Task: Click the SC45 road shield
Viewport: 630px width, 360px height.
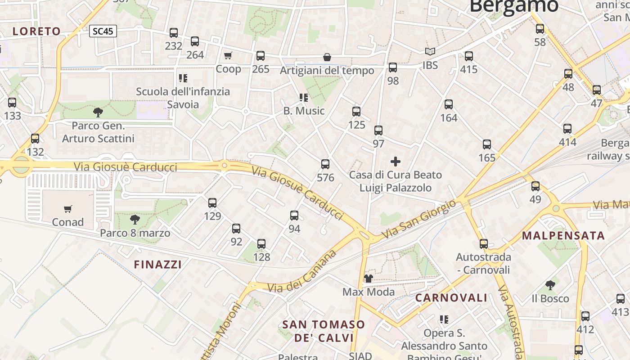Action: (x=103, y=31)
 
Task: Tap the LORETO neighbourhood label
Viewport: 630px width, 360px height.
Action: (x=36, y=31)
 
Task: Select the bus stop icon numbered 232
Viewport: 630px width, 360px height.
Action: (x=174, y=33)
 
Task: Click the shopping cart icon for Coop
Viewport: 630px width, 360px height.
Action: (x=228, y=55)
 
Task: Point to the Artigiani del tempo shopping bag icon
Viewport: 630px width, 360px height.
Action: (x=327, y=58)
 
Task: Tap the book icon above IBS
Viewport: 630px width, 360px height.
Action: (x=430, y=52)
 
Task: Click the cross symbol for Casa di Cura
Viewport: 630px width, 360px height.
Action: (x=396, y=161)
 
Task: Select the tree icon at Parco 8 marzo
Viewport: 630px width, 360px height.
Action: (x=135, y=220)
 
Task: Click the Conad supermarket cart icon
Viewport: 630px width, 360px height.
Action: (x=68, y=209)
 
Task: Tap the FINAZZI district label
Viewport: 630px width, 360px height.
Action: (x=158, y=265)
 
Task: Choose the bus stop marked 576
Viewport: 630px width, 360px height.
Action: (x=325, y=164)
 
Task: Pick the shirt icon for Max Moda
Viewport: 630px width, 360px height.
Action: (x=368, y=279)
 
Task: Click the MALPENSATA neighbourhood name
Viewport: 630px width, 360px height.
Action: (x=563, y=235)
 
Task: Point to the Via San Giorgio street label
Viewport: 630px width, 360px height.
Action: (x=418, y=220)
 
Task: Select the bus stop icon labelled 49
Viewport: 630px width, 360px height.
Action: (x=535, y=186)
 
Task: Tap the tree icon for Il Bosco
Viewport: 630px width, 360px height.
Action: (x=550, y=285)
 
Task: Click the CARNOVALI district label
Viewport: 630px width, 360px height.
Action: (x=451, y=297)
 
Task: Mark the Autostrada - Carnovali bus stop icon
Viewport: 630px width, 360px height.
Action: (x=484, y=244)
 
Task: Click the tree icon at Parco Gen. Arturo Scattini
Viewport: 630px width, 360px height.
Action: (x=98, y=112)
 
